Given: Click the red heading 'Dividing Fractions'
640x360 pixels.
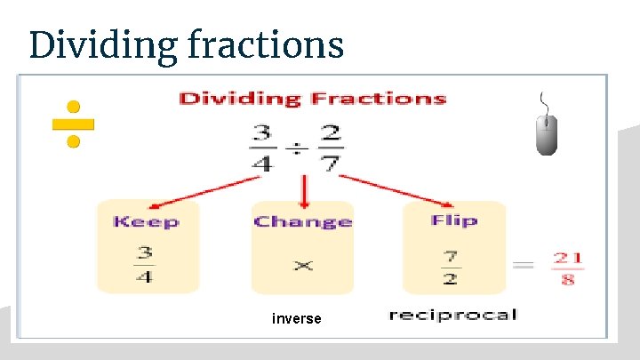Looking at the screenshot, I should coord(312,98).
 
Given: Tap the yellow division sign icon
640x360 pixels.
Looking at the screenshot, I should coord(74,124).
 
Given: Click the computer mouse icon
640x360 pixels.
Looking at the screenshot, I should coord(547,133).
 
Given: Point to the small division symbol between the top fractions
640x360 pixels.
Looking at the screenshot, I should coord(296,148).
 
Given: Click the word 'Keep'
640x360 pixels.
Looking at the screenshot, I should coord(146,221).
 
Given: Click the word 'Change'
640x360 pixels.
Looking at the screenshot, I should coord(302,221).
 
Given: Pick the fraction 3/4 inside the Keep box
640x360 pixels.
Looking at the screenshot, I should coord(145,264).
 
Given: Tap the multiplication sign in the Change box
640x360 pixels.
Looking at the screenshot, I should coord(302,265).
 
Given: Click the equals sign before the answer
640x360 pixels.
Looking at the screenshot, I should coord(525,265).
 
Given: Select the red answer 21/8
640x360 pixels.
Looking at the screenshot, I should coord(568,268).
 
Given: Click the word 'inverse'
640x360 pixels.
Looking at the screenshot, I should coord(297,318).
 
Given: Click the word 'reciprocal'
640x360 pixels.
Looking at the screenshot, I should coord(452,315).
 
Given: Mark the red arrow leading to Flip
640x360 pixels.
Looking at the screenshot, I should coord(398,188).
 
